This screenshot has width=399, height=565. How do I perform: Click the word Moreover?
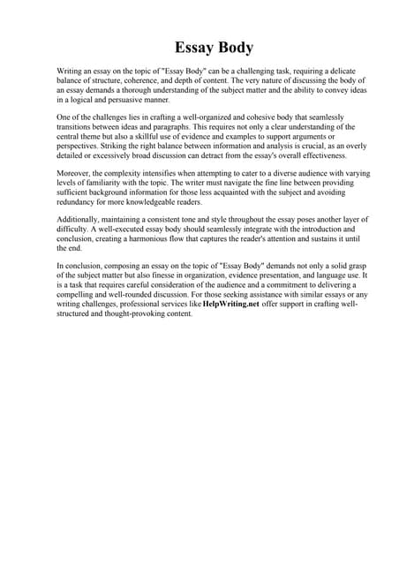75,175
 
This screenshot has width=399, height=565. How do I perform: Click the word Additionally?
79,222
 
